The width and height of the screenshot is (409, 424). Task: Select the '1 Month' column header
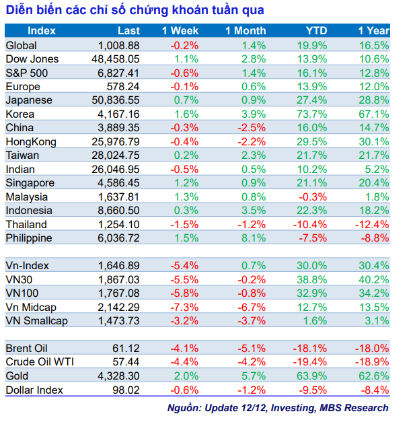246,31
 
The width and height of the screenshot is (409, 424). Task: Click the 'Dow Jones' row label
32,59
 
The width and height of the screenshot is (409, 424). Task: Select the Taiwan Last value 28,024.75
116,155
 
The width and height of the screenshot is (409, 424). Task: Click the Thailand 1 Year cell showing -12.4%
373,225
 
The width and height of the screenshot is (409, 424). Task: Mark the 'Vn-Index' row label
27,266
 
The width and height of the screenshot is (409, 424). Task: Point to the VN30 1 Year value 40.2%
375,279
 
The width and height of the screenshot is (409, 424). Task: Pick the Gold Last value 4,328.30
118,376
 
